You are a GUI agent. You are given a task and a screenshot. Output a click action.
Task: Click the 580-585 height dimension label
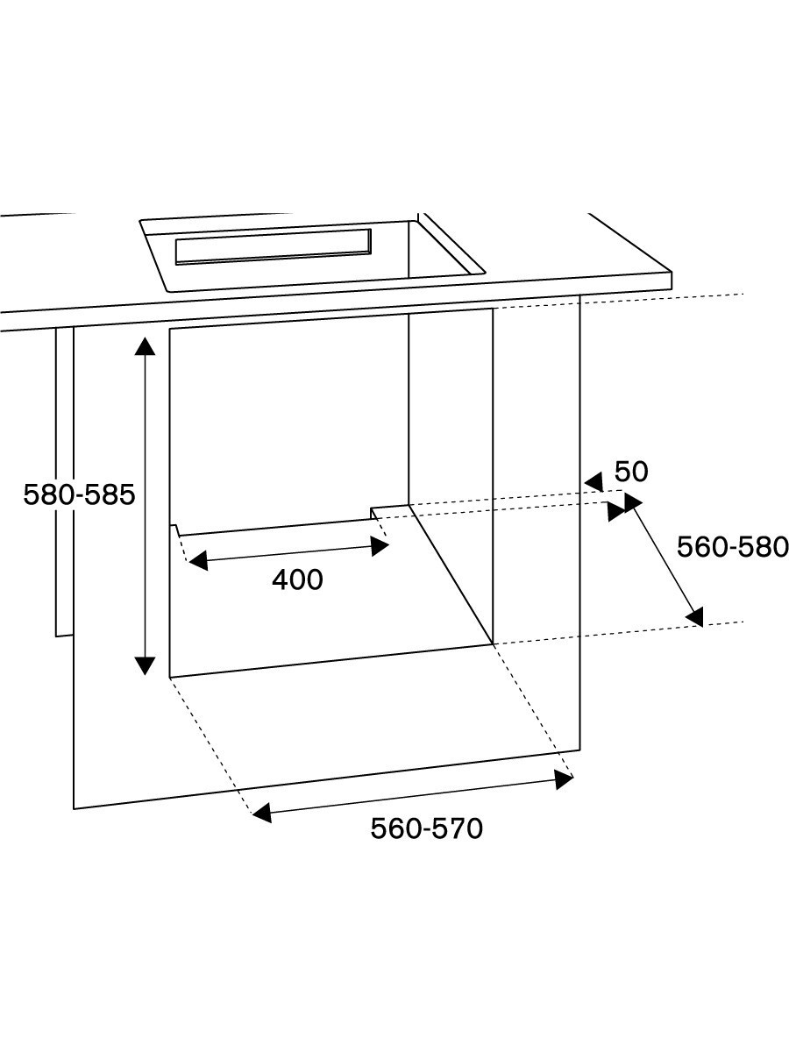click(79, 495)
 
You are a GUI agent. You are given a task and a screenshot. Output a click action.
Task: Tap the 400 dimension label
click(297, 579)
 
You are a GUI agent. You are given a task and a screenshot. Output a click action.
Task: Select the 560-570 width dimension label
click(426, 828)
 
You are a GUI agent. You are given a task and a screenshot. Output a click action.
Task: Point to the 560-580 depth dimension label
click(733, 547)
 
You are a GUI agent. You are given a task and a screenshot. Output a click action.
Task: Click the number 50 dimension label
click(631, 472)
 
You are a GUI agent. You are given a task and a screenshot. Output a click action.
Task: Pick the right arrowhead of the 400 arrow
click(380, 546)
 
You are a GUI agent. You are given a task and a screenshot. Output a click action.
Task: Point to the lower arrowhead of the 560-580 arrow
click(695, 618)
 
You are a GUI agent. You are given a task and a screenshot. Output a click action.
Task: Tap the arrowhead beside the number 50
click(594, 481)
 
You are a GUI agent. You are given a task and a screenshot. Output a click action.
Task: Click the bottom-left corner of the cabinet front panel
click(75, 807)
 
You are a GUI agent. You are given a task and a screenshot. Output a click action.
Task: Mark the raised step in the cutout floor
click(389, 508)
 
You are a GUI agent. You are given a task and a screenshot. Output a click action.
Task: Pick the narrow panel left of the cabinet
click(64, 482)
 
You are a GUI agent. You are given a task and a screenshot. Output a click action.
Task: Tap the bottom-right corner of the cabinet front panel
click(579, 749)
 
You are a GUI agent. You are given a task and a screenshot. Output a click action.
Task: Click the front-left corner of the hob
click(167, 291)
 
